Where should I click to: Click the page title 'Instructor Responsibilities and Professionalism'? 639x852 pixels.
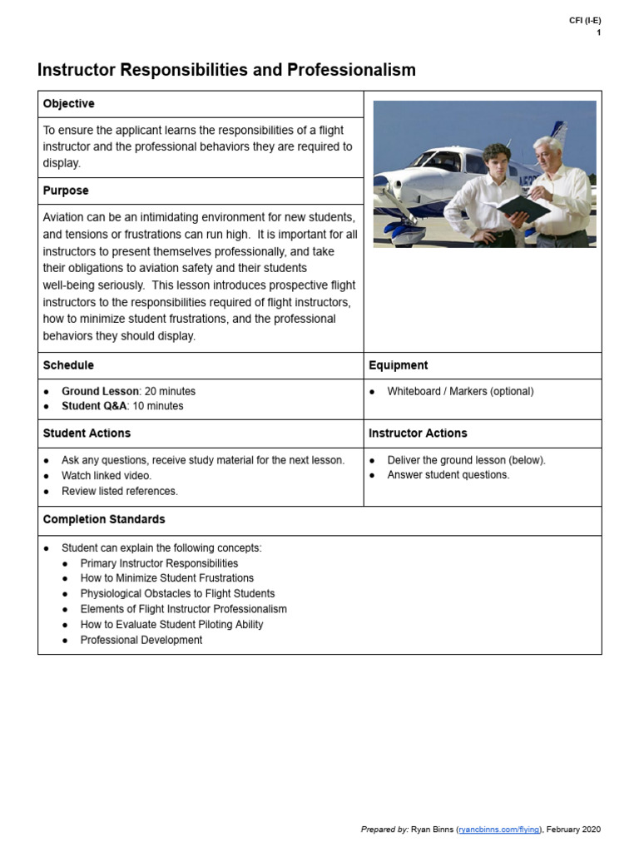(226, 71)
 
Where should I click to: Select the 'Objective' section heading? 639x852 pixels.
(68, 104)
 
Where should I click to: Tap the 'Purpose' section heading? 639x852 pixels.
(66, 191)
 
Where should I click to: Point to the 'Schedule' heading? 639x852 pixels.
(68, 365)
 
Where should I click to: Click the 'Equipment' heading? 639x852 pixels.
(399, 365)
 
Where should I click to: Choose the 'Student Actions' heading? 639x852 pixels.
(87, 433)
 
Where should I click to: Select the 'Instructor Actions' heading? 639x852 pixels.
(418, 433)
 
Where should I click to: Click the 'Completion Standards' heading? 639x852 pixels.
(104, 519)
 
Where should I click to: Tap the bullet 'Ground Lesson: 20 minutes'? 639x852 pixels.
(128, 391)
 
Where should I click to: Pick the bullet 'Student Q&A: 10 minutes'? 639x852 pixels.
(122, 406)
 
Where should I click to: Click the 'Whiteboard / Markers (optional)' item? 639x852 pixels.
(460, 391)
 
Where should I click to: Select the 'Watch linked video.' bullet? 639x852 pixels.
(106, 475)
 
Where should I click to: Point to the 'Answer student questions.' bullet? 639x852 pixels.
(448, 475)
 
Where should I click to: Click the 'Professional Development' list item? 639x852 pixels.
(141, 640)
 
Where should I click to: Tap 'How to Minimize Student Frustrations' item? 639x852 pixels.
(166, 578)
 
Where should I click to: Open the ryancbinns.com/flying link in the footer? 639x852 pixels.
(499, 830)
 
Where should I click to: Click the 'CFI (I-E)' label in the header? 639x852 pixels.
(585, 21)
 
